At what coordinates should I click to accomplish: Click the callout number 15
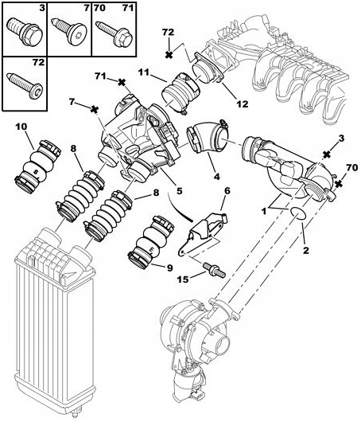[183, 279]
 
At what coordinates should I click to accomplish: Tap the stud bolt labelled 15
[214, 269]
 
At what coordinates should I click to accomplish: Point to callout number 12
[243, 104]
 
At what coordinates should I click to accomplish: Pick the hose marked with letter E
[149, 242]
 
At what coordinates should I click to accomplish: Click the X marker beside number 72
[169, 55]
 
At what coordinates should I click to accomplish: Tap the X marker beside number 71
[122, 82]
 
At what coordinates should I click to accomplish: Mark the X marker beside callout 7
[94, 110]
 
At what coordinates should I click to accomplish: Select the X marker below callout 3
[327, 154]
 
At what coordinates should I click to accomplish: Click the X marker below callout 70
[339, 184]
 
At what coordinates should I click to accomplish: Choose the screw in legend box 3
[24, 32]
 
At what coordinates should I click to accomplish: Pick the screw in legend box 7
[69, 30]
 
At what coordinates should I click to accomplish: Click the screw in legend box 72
[25, 85]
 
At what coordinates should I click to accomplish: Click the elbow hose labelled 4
[208, 136]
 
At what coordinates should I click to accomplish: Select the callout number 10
[21, 127]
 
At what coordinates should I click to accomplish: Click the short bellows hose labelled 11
[180, 93]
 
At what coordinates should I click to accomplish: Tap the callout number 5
[179, 191]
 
